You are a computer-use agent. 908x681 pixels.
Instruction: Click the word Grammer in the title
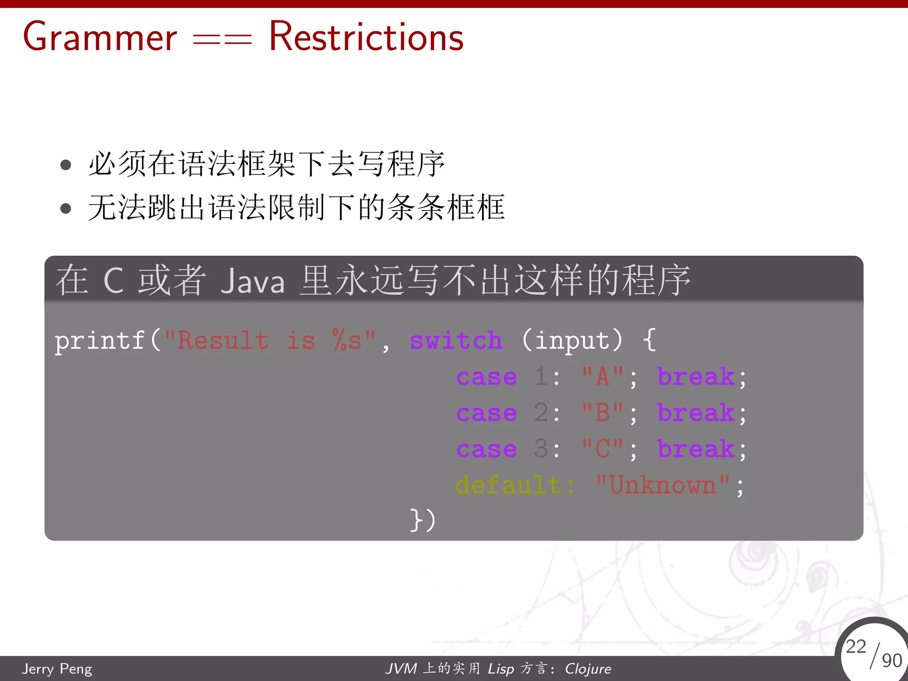point(100,37)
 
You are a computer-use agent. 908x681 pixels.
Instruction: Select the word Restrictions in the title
point(366,37)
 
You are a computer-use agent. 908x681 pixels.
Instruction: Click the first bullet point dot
point(66,165)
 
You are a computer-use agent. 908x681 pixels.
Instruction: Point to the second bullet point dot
point(66,208)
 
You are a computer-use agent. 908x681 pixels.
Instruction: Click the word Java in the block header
point(252,281)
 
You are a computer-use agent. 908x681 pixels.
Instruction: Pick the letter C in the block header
point(113,281)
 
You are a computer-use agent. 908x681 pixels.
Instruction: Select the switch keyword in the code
point(456,341)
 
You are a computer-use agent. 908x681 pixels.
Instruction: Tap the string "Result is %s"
point(270,341)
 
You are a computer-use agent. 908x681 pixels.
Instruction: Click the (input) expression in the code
point(572,341)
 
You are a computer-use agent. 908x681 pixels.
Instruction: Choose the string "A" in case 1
point(603,377)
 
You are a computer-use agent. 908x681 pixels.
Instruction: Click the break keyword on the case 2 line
point(696,413)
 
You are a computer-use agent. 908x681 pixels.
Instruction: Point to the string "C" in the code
point(603,449)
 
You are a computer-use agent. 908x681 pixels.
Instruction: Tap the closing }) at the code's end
point(423,520)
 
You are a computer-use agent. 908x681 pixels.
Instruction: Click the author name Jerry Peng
point(57,669)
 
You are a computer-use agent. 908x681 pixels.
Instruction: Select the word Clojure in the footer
point(587,669)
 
